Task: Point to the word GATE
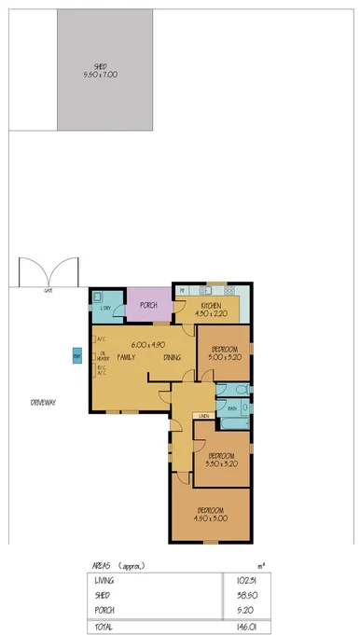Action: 48,291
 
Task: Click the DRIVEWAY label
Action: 43,403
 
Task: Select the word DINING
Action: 170,357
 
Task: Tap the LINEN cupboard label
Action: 201,416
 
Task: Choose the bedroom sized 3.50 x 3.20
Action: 224,460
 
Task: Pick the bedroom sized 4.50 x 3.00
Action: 211,514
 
